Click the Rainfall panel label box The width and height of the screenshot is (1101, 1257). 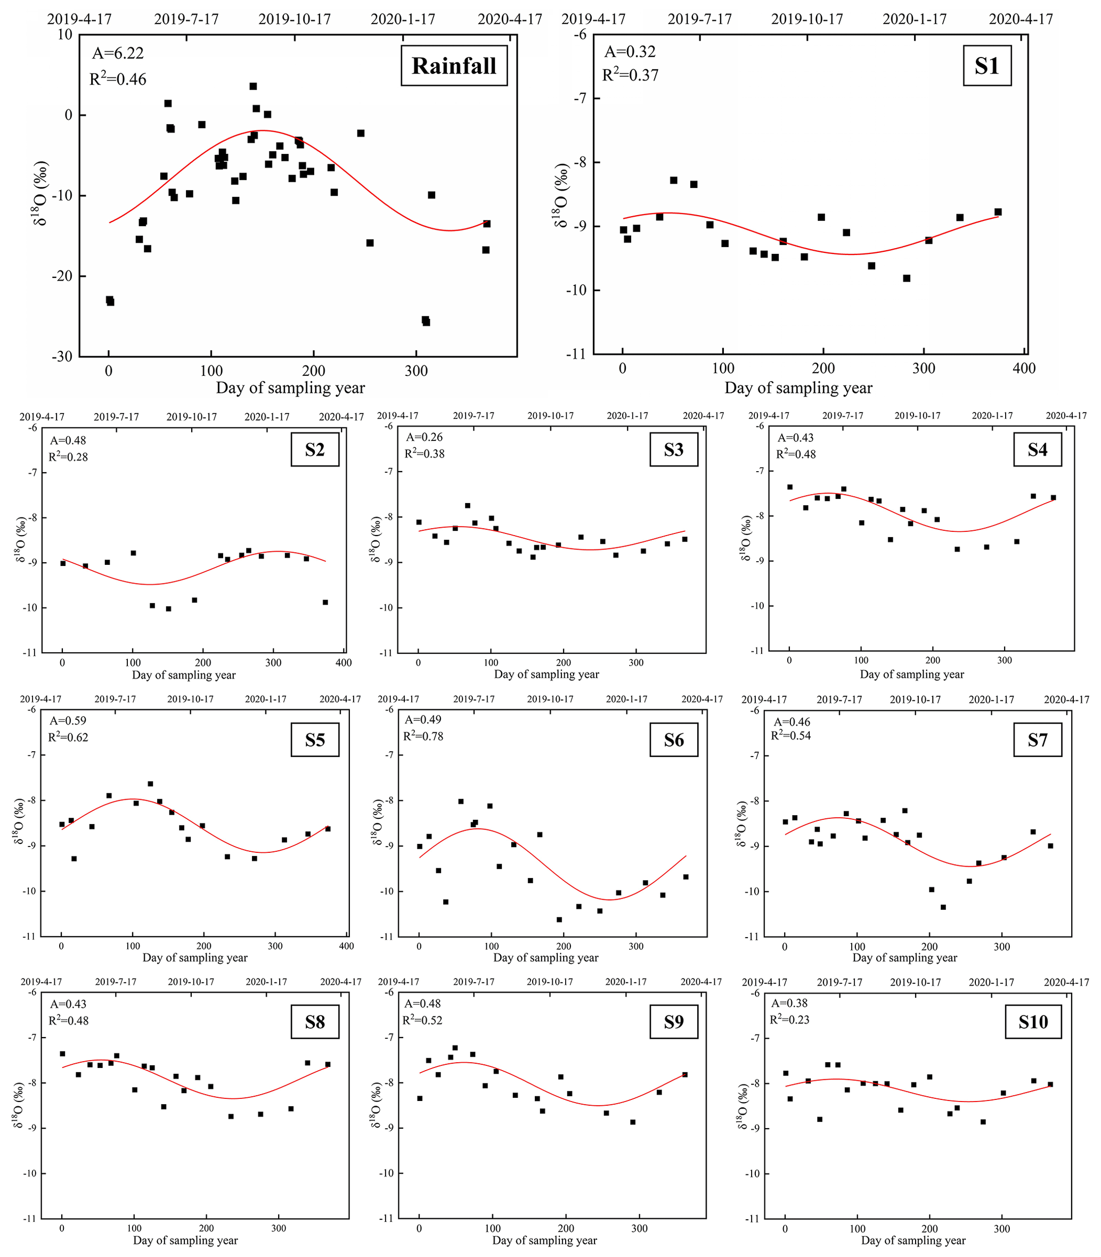tap(454, 65)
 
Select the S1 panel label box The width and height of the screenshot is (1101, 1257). tap(986, 65)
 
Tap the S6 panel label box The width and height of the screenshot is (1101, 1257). tap(673, 740)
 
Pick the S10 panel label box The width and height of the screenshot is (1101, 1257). tap(1033, 1022)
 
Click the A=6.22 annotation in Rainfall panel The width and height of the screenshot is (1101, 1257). tap(118, 53)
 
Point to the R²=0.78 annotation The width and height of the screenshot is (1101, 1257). tap(423, 736)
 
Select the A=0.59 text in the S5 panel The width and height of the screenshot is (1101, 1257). tap(68, 721)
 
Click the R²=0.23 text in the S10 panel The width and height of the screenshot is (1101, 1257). tap(789, 1020)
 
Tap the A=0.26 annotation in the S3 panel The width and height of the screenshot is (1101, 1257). tap(425, 437)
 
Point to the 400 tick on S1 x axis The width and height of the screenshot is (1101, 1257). tap(1024, 368)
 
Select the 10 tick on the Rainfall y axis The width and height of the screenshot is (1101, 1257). tap(64, 35)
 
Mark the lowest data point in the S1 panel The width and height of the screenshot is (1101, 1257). tap(906, 278)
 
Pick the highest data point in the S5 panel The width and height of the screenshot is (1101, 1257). tap(150, 784)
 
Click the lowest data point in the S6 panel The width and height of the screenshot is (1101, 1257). tap(559, 920)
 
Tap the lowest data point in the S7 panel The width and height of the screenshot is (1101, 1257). tap(943, 907)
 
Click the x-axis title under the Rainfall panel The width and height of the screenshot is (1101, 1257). tap(291, 388)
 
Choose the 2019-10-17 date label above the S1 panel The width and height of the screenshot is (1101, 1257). tap(808, 19)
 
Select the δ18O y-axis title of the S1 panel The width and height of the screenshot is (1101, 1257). tap(561, 196)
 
